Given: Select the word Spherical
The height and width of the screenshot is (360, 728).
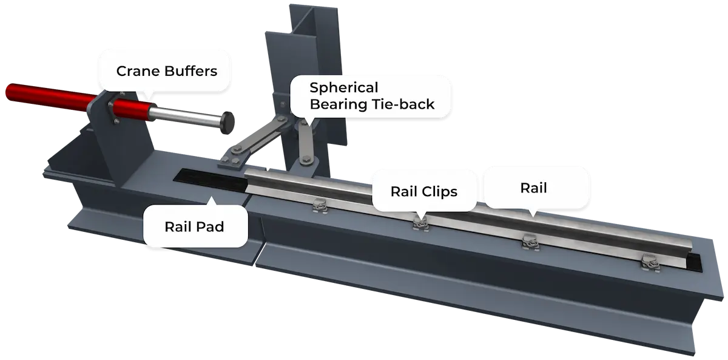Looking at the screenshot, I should coord(343,87).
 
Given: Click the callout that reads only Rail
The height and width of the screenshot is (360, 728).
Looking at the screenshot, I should coord(533,188).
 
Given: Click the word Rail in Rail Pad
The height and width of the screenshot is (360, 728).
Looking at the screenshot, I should coord(179,227).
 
